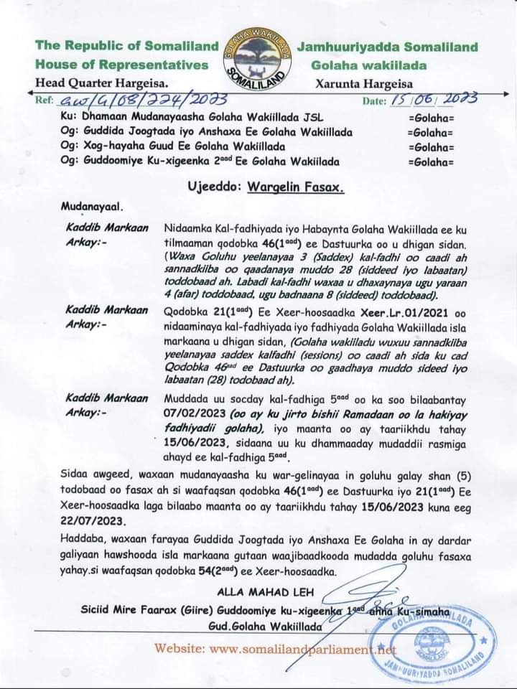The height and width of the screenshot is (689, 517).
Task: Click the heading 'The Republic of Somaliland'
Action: click(127, 47)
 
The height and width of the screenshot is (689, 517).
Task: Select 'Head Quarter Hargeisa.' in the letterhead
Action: click(103, 82)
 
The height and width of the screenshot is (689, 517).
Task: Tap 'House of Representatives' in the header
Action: click(122, 65)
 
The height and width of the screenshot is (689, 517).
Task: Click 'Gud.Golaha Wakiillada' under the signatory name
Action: click(264, 626)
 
